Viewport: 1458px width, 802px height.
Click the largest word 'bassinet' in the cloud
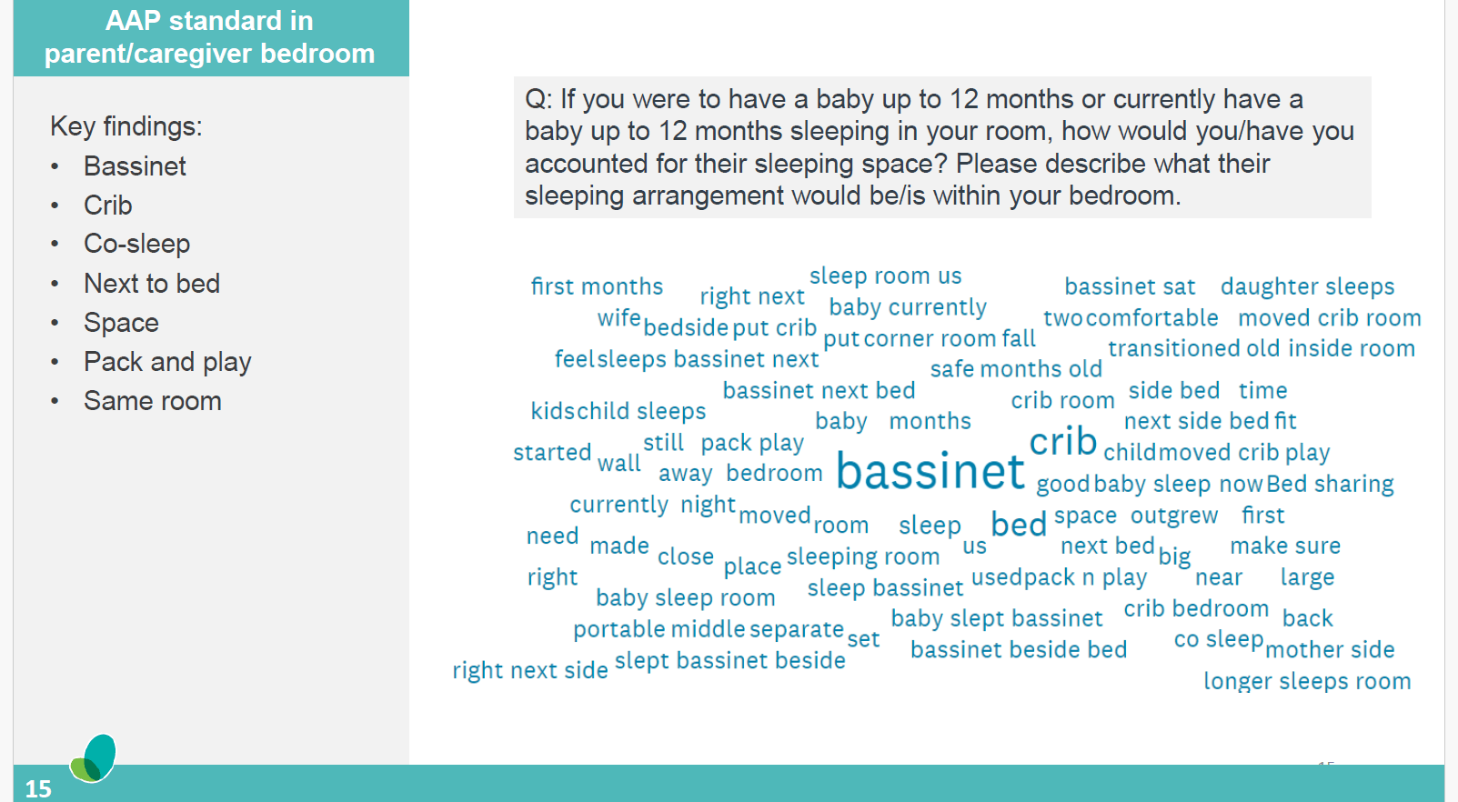coord(930,471)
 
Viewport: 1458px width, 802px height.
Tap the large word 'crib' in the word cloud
coord(1063,441)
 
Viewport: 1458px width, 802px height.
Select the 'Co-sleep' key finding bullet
coord(136,244)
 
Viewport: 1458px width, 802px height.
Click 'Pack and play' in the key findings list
coord(167,362)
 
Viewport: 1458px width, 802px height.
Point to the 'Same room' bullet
coord(152,401)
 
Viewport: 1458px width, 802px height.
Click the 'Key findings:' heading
coord(126,126)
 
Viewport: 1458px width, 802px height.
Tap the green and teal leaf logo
coord(93,758)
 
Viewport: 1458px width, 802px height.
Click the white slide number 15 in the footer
coord(38,789)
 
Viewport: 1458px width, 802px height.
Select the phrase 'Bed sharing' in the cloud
coord(1330,484)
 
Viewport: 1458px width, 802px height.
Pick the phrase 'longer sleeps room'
coord(1307,681)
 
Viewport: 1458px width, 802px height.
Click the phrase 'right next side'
coord(530,670)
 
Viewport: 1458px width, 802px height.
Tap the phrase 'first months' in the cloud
coord(597,286)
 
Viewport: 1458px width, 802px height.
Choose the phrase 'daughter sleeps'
coord(1308,286)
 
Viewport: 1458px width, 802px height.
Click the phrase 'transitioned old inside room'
coord(1262,348)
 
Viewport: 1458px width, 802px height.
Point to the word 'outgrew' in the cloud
coord(1174,516)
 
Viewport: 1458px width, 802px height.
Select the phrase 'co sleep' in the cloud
coord(1219,639)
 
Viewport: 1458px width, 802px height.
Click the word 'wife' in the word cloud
coord(619,317)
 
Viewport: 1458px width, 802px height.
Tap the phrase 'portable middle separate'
coord(709,629)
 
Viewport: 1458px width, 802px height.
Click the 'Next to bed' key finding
coord(152,284)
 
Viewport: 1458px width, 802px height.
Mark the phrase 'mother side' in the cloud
coord(1330,649)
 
